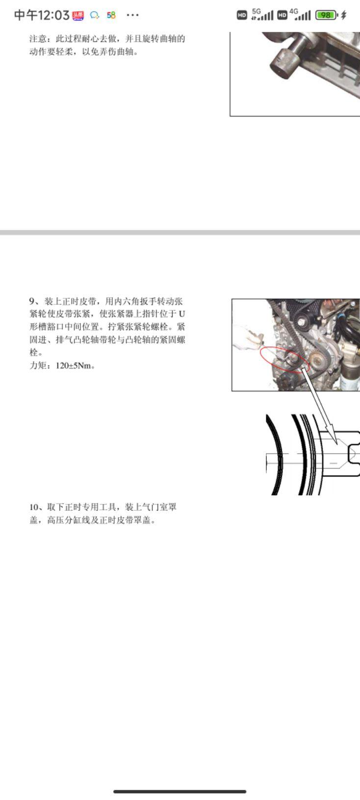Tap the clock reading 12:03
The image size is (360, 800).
pos(42,15)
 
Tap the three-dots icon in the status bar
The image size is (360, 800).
pos(132,15)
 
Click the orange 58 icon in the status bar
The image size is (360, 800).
pos(111,15)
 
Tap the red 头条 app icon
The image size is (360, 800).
pos(78,15)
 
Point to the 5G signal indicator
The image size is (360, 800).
pos(262,15)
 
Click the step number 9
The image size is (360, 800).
pos(32,301)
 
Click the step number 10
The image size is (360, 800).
pos(34,507)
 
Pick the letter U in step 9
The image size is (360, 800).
pos(181,314)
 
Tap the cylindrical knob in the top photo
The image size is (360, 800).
pos(283,63)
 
